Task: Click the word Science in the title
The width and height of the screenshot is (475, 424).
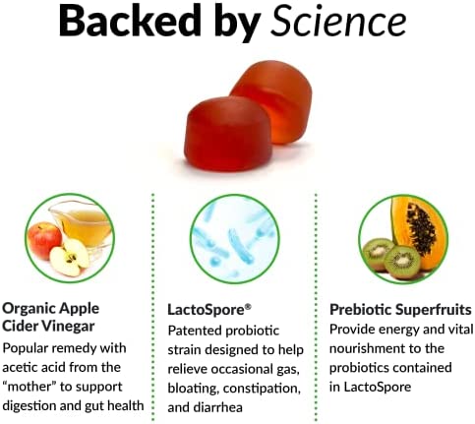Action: tap(338, 21)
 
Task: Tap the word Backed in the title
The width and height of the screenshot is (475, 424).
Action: tap(130, 21)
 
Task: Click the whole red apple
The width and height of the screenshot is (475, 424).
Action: tap(44, 240)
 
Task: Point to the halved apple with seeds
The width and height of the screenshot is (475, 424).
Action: tap(69, 257)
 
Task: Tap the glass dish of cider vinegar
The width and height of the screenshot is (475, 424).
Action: tap(83, 224)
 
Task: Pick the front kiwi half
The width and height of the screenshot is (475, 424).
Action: tap(402, 262)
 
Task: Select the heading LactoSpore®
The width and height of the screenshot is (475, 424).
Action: tap(209, 310)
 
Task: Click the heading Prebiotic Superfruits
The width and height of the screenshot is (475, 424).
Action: tap(400, 310)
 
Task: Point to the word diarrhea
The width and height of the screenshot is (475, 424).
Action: tap(218, 407)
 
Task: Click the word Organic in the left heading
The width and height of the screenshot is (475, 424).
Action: tap(27, 309)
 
